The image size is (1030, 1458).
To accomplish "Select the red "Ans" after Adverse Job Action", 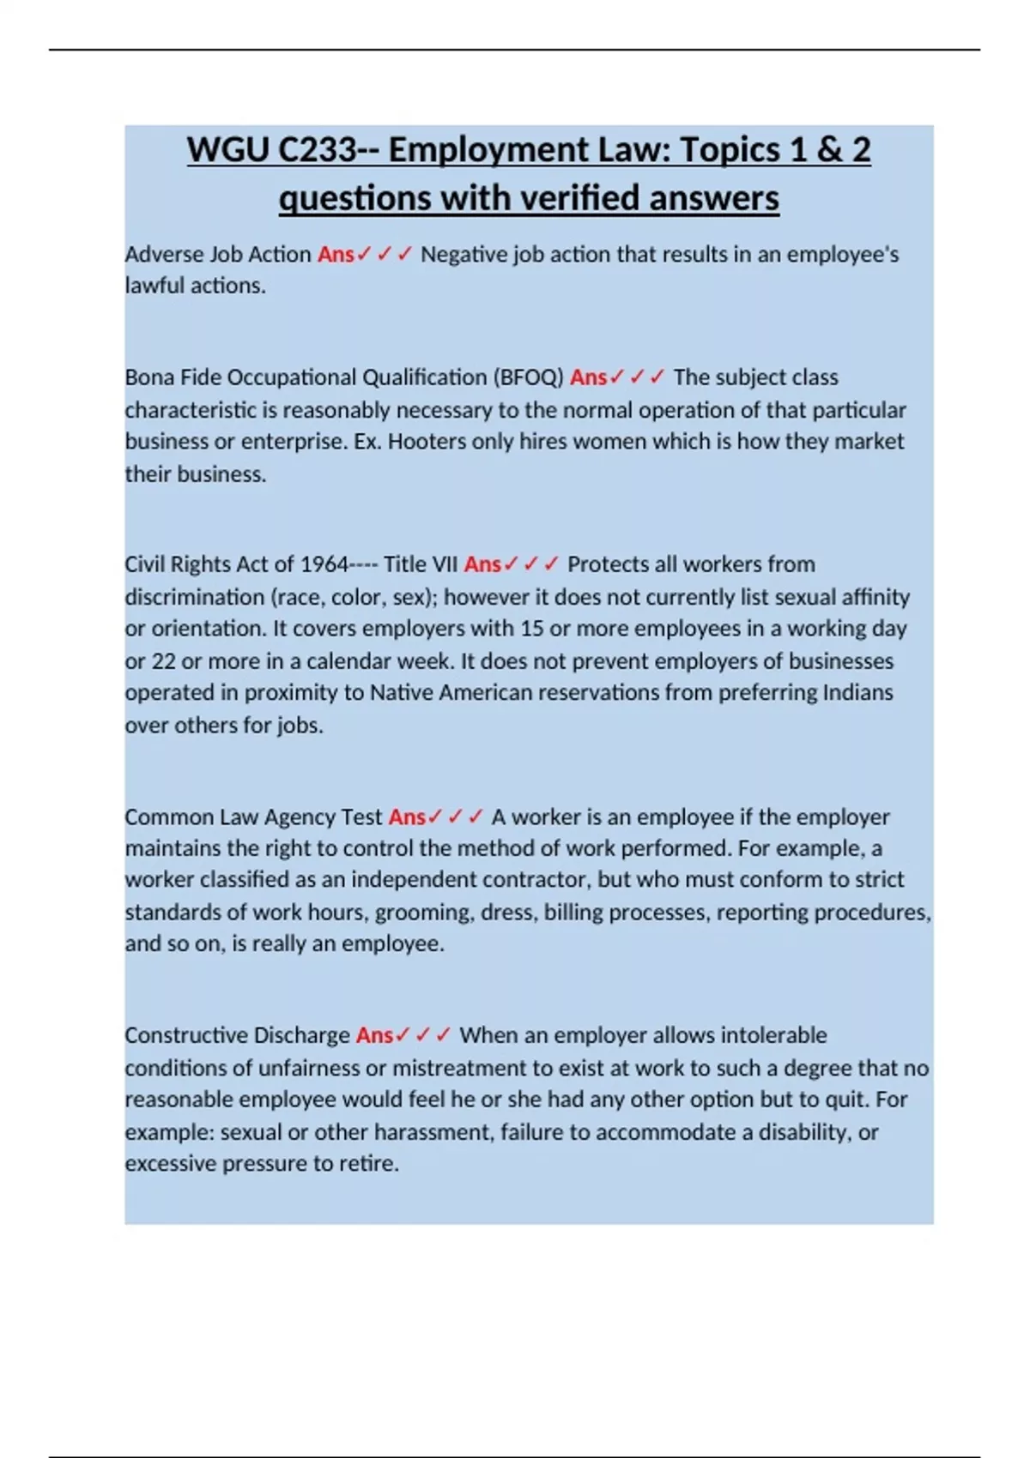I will [x=336, y=255].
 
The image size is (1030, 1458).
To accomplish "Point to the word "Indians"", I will [x=857, y=693].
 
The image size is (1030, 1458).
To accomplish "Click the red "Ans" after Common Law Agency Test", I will [x=407, y=817].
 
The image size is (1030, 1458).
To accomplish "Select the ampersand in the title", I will [x=829, y=151].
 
